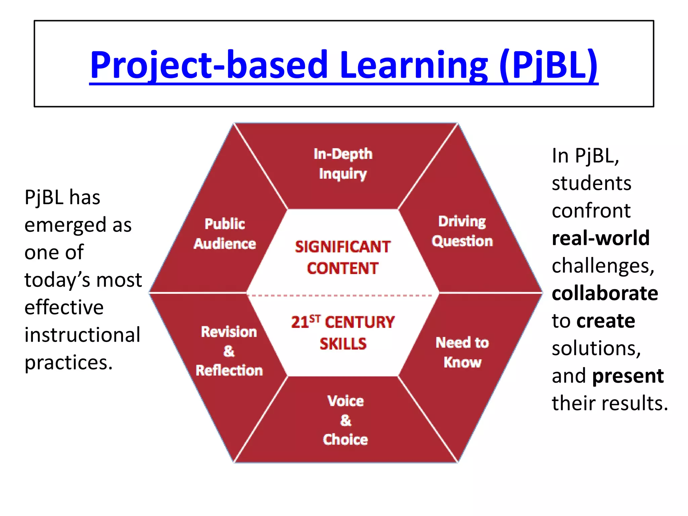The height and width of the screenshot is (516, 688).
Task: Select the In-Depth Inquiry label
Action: click(x=343, y=164)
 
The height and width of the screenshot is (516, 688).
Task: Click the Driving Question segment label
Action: click(x=462, y=231)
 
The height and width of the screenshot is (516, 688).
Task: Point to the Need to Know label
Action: click(x=462, y=352)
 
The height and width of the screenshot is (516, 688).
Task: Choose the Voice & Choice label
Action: click(x=345, y=420)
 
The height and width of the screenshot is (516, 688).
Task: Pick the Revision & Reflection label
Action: click(x=229, y=351)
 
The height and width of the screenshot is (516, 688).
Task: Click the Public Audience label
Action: click(x=225, y=234)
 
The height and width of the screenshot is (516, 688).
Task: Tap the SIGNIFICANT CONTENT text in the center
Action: click(x=343, y=257)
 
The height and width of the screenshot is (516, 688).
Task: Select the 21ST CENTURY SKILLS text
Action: click(x=343, y=333)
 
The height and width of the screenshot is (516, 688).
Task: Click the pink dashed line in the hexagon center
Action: click(x=343, y=296)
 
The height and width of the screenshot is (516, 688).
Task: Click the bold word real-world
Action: click(x=600, y=238)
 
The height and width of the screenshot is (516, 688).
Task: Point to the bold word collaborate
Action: click(x=605, y=293)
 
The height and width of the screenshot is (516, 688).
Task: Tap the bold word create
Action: click(x=606, y=321)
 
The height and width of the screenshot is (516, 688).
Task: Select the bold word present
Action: click(x=628, y=376)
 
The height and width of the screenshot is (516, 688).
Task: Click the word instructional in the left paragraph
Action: click(x=82, y=335)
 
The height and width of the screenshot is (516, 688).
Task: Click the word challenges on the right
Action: click(x=603, y=266)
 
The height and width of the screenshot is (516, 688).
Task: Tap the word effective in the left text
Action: click(x=64, y=307)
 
